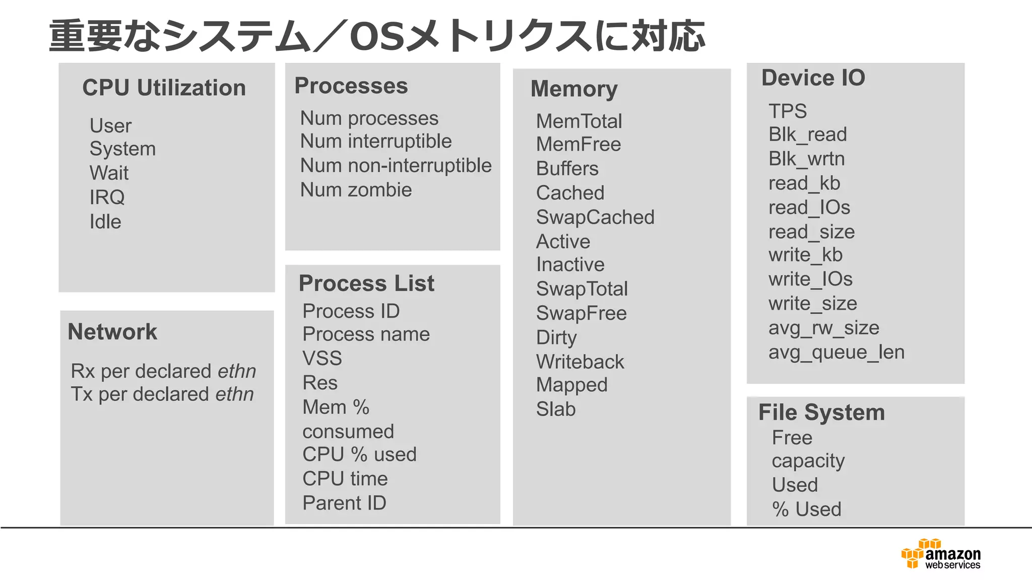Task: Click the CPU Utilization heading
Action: (164, 88)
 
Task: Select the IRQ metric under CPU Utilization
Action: (107, 197)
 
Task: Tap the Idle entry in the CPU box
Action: (105, 222)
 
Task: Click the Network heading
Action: (112, 332)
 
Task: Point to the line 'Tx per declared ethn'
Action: (162, 394)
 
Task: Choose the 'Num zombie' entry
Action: (356, 190)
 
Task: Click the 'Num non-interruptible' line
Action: (396, 166)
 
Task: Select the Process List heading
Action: (366, 283)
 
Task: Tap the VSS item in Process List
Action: (322, 358)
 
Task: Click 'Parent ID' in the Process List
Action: (344, 503)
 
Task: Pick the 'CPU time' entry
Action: (345, 479)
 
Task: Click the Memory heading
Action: (574, 89)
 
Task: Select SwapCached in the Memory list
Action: (595, 217)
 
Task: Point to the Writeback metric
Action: (580, 362)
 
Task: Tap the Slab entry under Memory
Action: (556, 409)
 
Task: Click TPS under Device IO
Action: (788, 111)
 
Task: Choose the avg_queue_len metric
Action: (836, 352)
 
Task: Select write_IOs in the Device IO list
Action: (810, 279)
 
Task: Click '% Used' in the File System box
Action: (807, 510)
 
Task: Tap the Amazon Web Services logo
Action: (941, 554)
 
